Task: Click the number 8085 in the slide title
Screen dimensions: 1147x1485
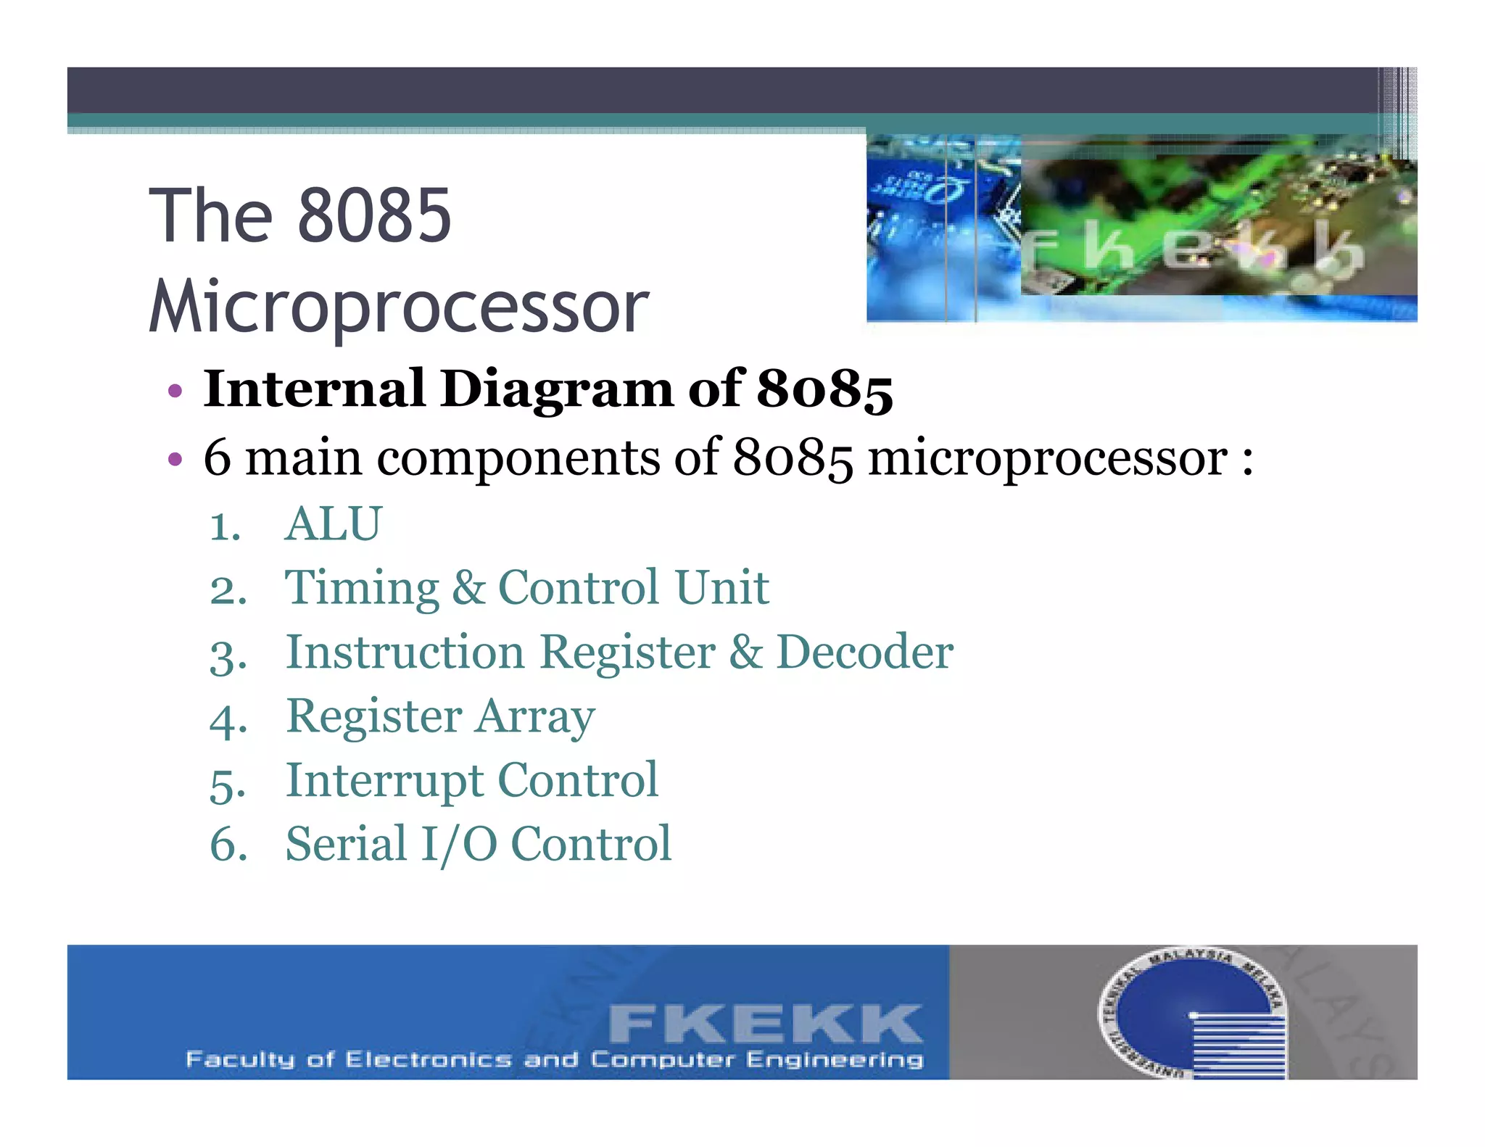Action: [x=374, y=215]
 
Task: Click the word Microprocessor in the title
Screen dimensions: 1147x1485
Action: [x=399, y=307]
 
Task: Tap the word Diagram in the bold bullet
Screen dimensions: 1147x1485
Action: [x=557, y=389]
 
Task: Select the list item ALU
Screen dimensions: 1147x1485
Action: [x=333, y=523]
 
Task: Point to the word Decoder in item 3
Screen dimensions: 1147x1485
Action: [x=864, y=652]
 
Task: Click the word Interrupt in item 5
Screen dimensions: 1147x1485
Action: [x=384, y=781]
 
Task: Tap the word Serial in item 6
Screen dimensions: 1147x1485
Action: [x=346, y=845]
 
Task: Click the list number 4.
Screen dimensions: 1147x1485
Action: [x=228, y=720]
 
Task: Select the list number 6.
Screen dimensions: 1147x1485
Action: [x=228, y=845]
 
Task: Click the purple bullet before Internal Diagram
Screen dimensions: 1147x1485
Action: [x=174, y=392]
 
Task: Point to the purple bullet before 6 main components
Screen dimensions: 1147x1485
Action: [x=174, y=459]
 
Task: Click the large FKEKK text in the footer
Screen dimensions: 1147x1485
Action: [x=765, y=1023]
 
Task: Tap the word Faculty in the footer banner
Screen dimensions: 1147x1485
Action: [x=240, y=1060]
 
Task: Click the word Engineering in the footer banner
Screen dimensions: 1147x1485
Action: [x=835, y=1060]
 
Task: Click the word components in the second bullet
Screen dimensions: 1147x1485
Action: [x=518, y=459]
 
